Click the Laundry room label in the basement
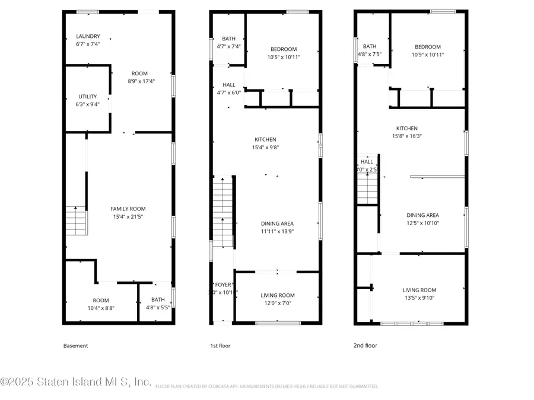(88, 36)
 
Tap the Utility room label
(88, 97)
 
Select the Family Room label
(128, 209)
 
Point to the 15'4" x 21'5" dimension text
(128, 217)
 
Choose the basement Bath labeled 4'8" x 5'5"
(158, 300)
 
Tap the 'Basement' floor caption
(75, 345)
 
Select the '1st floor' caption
(220, 345)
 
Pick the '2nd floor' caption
(365, 345)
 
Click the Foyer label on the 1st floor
(223, 285)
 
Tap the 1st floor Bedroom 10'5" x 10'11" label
(284, 49)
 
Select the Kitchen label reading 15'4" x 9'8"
(266, 139)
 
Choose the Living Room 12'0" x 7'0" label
(278, 295)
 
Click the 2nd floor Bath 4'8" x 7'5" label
(370, 47)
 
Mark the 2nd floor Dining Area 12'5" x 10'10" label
(422, 215)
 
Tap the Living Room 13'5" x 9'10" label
(419, 290)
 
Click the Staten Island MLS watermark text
(76, 382)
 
